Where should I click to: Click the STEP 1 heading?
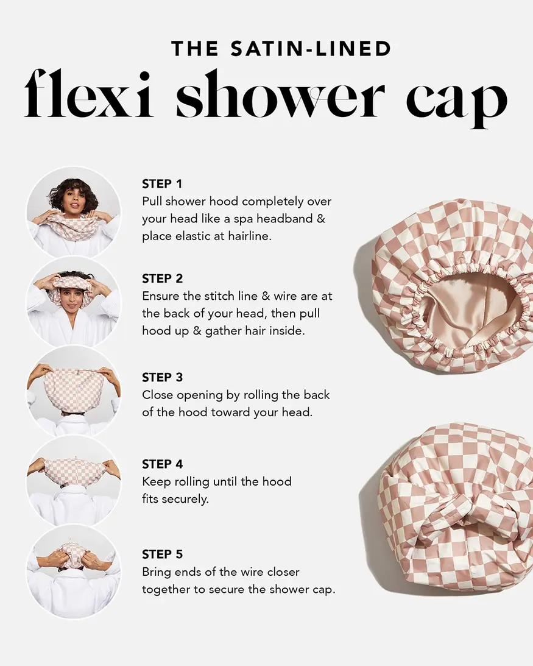pos(162,183)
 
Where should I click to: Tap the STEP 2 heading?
pos(162,278)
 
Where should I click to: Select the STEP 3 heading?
pos(162,377)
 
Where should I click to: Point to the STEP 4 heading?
pos(162,464)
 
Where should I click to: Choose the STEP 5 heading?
pos(162,554)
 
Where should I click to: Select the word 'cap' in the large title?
pos(456,101)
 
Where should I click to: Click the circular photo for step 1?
pos(73,211)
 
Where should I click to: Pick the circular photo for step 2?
pos(73,301)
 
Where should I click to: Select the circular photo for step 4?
pos(73,481)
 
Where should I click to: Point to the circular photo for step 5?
pos(73,572)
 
